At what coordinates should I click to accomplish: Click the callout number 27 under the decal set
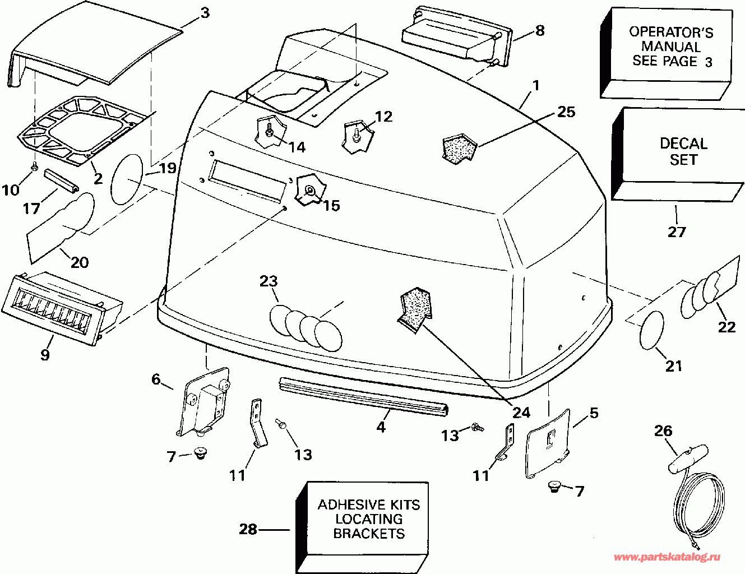(677, 232)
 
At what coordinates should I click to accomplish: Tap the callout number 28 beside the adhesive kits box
(248, 529)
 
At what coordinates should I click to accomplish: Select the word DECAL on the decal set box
(683, 143)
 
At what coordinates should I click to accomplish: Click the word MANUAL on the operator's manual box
(671, 47)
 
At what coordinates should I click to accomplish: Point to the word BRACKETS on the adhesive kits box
(369, 534)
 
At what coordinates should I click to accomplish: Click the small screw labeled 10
(35, 166)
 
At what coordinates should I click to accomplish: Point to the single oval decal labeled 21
(652, 330)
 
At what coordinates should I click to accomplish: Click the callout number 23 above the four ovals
(269, 281)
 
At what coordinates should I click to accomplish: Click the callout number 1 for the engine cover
(536, 86)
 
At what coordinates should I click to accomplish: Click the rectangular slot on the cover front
(247, 178)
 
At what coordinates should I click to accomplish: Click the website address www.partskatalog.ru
(668, 557)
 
